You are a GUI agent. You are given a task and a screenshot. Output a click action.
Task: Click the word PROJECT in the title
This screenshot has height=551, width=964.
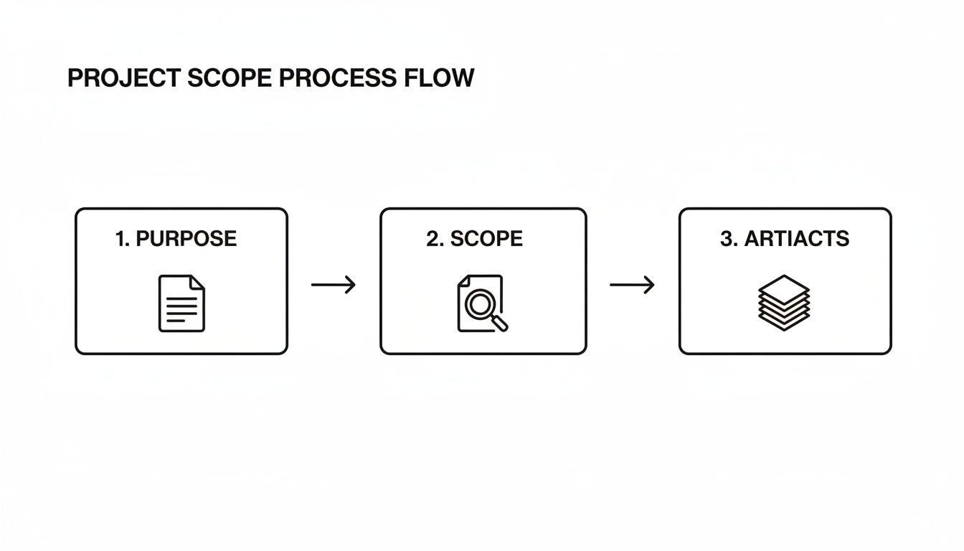point(124,78)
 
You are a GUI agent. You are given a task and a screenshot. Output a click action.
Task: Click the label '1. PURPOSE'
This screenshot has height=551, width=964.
point(176,239)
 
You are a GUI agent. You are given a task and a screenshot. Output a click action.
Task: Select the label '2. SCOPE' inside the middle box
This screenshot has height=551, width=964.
point(474,239)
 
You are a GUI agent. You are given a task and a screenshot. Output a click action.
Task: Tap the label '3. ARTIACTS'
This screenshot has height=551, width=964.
point(784,239)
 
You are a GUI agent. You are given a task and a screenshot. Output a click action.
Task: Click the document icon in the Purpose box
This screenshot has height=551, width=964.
point(181,303)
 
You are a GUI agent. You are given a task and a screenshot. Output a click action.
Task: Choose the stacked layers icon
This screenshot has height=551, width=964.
point(784,303)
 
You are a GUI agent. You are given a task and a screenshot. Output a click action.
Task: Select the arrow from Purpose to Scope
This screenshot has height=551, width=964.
point(334,285)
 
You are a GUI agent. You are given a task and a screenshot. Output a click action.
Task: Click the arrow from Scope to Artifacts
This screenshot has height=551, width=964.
point(632,285)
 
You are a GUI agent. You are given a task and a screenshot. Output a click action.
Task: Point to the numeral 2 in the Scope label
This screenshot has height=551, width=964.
point(432,239)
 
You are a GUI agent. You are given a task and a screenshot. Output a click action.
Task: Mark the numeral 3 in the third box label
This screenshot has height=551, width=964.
point(727,239)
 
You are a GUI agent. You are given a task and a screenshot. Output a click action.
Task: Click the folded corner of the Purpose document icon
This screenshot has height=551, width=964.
point(197,282)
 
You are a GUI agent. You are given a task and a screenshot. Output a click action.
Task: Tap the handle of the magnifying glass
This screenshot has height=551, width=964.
point(500,323)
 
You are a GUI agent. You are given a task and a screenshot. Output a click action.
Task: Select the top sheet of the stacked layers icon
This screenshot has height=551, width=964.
point(784,287)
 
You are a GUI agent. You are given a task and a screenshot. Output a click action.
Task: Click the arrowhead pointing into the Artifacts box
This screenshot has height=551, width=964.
point(649,285)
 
